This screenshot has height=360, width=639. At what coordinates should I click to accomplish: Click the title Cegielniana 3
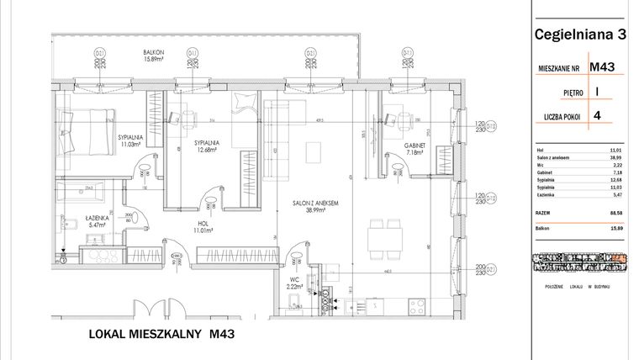[580, 34]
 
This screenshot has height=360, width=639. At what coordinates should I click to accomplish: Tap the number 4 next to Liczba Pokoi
[597, 117]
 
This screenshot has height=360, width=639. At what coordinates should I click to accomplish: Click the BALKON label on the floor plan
[153, 52]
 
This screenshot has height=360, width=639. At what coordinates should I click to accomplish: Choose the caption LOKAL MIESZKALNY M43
[160, 335]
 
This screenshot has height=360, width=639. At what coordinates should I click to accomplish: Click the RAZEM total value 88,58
[620, 214]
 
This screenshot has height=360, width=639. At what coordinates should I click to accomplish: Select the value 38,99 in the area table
[620, 157]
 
